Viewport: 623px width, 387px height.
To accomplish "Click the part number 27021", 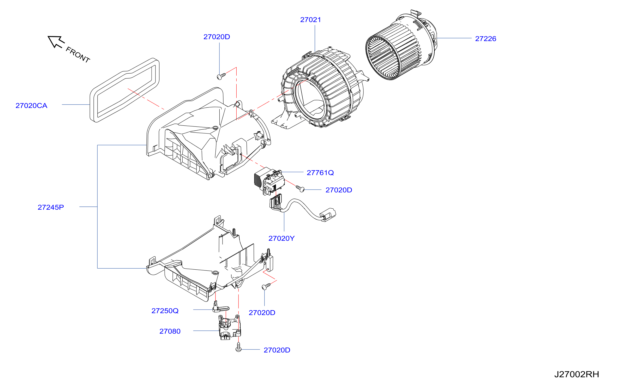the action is point(310,20).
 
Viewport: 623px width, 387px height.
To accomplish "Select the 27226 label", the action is point(486,39).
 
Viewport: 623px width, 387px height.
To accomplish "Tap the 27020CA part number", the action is point(31,106).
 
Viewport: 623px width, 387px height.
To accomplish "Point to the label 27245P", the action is point(51,207).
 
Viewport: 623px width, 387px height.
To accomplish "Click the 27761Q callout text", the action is point(320,173).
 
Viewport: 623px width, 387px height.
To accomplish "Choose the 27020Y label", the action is point(281,239).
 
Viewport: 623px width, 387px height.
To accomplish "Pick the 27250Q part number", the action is point(165,311).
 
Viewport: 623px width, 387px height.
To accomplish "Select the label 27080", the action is point(170,331).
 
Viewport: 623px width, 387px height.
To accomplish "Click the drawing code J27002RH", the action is point(577,374).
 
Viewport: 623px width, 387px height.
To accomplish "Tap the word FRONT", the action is point(78,55).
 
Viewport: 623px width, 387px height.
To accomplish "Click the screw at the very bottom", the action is point(238,347).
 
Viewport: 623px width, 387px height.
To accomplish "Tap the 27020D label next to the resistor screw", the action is point(339,190).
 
